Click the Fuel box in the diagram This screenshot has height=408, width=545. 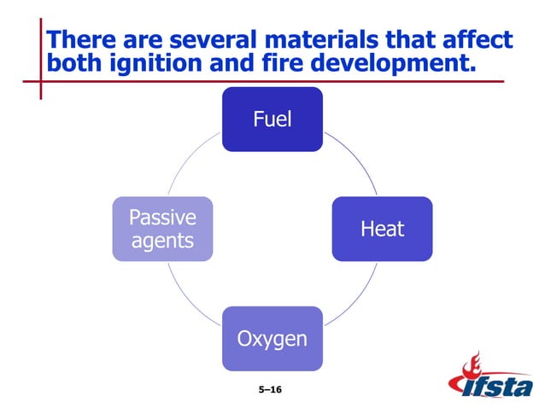[272, 119]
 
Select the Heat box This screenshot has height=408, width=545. [382, 229]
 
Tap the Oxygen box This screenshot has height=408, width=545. [272, 339]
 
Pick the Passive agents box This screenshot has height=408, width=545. [162, 229]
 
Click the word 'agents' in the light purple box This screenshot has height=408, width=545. [162, 242]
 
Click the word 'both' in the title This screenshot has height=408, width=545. [71, 64]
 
